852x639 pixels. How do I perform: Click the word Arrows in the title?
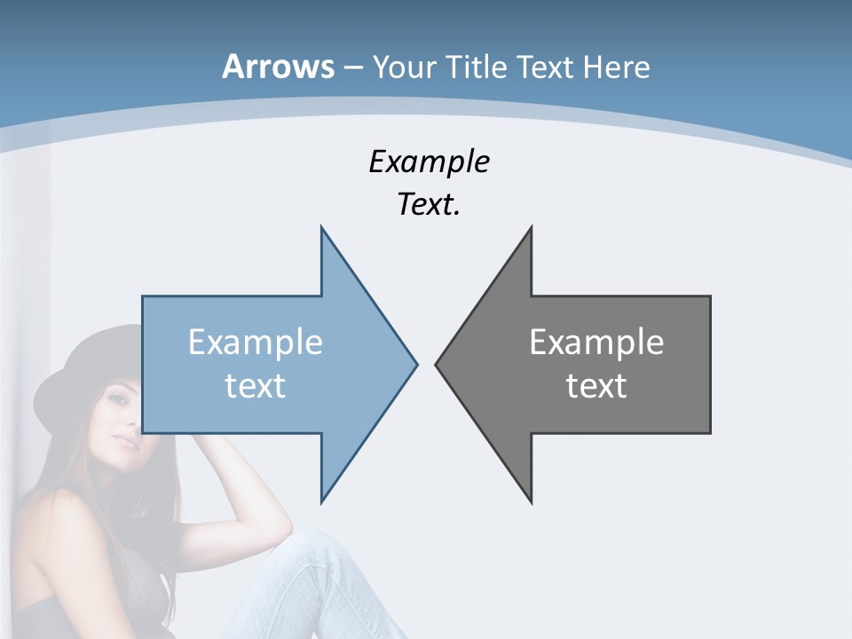278,67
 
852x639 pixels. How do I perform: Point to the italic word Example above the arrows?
429,162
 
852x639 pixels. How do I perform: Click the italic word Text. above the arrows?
429,205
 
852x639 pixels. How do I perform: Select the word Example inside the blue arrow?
256,342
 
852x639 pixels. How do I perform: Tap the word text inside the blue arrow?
256,385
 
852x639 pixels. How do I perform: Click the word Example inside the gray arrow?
596,342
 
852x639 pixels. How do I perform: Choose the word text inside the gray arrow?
596,385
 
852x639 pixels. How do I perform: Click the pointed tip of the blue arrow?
415,363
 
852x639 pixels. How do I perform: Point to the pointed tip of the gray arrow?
437,363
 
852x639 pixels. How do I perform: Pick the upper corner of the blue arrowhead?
322,229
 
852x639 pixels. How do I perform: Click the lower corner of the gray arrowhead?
531,501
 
